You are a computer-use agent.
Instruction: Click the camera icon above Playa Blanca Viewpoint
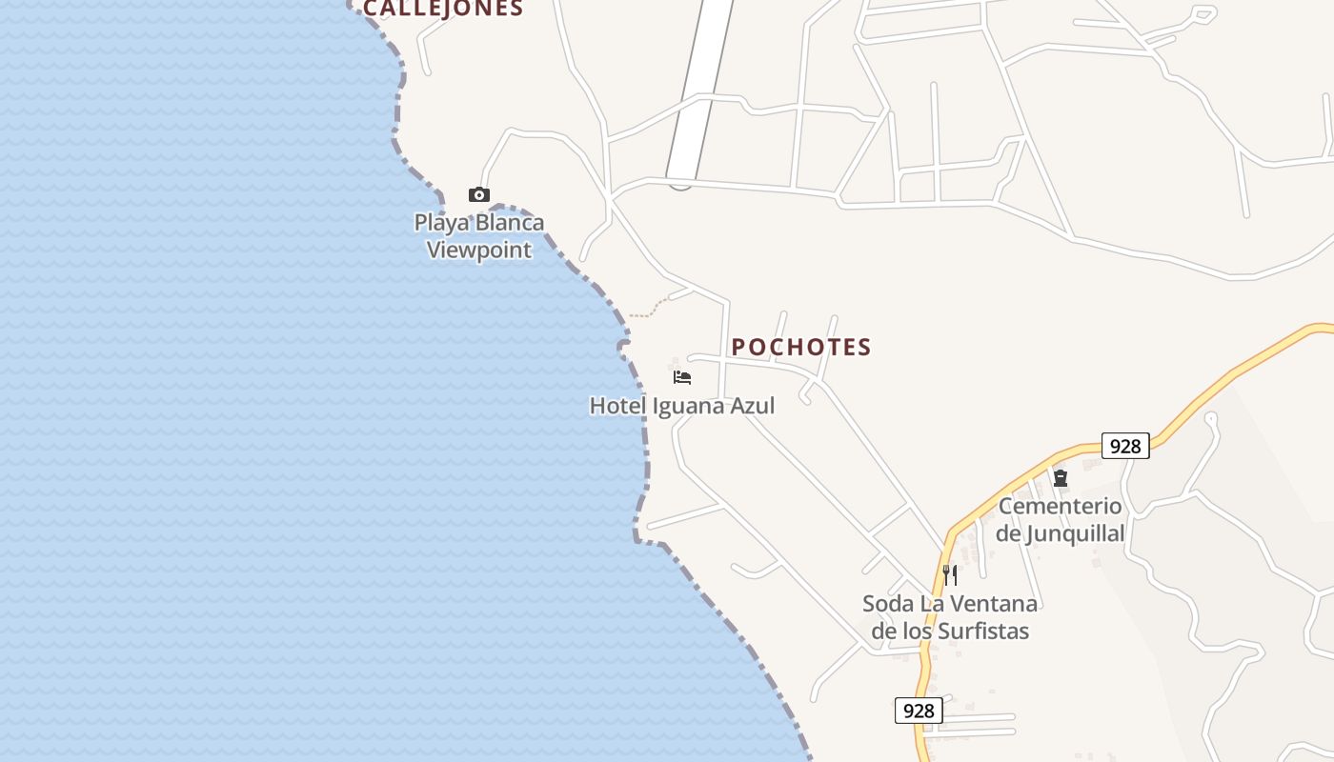tap(478, 195)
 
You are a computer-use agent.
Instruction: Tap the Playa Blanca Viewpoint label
tap(478, 236)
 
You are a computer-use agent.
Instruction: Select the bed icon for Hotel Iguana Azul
tap(682, 377)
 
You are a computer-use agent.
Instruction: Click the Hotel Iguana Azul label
tap(681, 406)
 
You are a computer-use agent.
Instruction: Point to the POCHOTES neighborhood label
tap(801, 347)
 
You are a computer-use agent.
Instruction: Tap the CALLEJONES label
tap(443, 9)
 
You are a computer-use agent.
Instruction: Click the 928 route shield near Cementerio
tap(1125, 446)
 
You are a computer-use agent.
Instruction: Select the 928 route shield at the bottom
tap(919, 711)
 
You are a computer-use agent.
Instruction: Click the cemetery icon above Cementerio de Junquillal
tap(1061, 477)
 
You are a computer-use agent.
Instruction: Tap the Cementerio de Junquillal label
tap(1061, 519)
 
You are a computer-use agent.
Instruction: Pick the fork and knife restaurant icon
tap(949, 574)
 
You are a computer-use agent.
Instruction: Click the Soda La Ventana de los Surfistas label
tap(950, 617)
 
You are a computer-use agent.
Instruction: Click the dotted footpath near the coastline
tap(650, 309)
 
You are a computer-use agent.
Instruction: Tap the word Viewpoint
tap(478, 251)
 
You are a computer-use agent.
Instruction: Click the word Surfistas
tap(983, 631)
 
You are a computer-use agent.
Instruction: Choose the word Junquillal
tap(1075, 533)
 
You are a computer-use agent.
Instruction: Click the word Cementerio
tap(1061, 506)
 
